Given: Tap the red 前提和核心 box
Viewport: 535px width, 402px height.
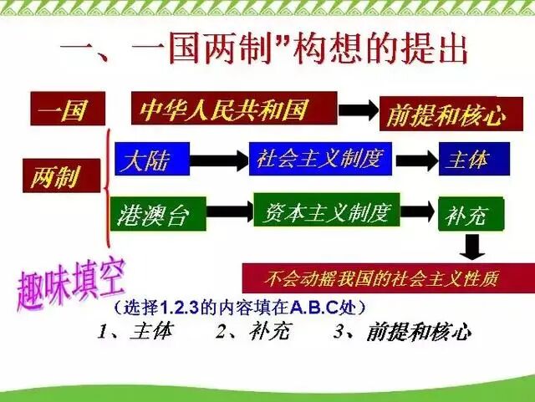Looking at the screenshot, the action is click(445, 114).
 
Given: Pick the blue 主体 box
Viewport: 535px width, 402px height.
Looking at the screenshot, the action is click(473, 159).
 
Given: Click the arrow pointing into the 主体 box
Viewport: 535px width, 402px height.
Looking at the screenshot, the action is click(416, 159).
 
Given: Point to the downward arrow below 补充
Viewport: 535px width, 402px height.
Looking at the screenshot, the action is click(474, 247).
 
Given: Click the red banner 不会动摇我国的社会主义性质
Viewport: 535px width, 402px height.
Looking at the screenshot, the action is click(386, 277).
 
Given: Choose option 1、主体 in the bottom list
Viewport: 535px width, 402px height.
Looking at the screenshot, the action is click(134, 332).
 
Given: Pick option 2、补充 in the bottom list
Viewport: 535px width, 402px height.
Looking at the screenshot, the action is click(252, 332).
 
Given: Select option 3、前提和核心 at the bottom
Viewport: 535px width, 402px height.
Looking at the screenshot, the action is click(401, 332).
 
